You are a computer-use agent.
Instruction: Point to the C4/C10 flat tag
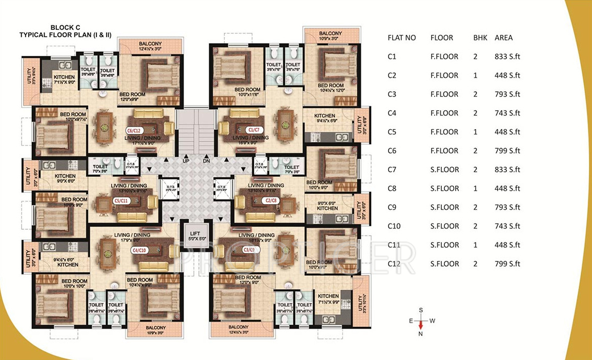click(140, 250)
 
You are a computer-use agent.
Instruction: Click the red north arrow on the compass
click(421, 325)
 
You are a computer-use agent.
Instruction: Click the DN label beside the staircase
click(207, 161)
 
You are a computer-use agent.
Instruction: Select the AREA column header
click(503, 38)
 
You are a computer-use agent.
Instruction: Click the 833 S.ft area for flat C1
click(507, 57)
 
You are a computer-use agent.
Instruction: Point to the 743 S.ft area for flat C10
click(507, 226)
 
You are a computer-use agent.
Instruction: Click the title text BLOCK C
click(66, 27)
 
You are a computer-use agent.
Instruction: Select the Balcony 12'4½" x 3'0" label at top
click(149, 47)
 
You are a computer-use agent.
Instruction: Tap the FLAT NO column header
click(402, 38)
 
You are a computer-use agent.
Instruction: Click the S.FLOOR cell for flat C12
click(444, 264)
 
